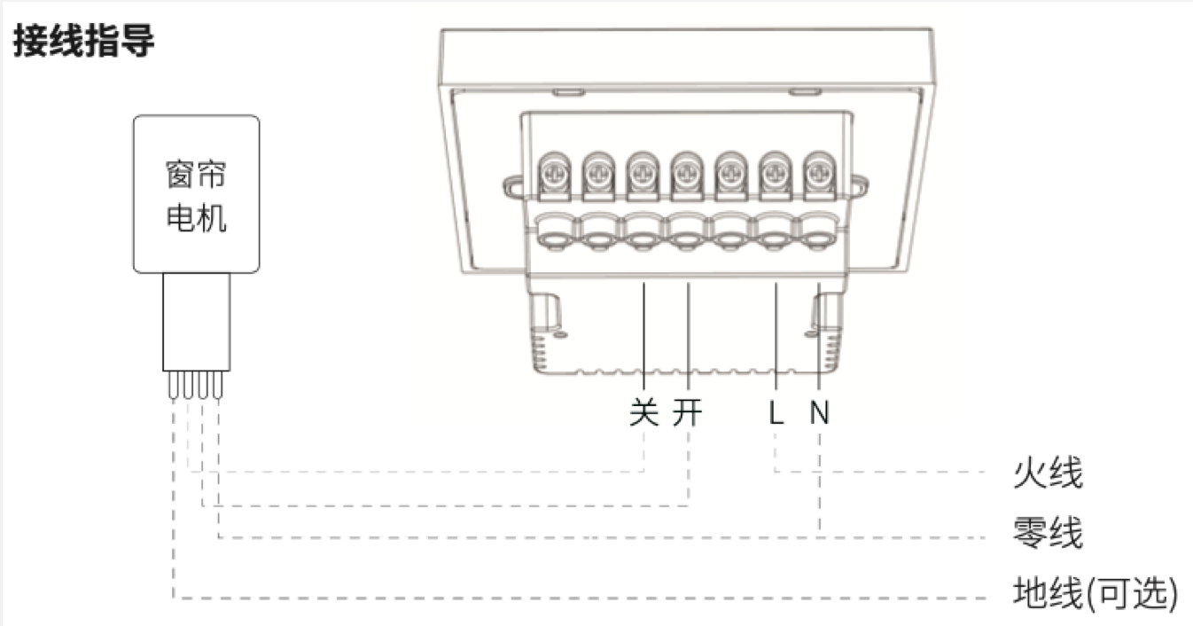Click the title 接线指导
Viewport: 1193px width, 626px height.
(83, 41)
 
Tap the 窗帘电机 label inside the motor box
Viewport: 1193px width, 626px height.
(196, 196)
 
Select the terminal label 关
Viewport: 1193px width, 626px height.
(643, 411)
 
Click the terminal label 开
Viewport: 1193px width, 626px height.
(687, 411)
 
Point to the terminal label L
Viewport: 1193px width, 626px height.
(776, 412)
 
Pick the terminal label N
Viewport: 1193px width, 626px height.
(820, 412)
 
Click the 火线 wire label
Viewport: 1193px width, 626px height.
(1048, 472)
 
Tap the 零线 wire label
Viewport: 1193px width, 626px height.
(1048, 532)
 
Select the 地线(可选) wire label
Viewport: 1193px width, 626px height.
(1095, 592)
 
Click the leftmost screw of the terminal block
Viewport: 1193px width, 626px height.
(555, 174)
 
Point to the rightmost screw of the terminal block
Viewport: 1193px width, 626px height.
(819, 174)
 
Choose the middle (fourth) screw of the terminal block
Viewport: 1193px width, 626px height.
(687, 174)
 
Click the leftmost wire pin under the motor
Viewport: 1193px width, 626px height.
(173, 385)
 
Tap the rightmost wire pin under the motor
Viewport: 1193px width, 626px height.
(217, 385)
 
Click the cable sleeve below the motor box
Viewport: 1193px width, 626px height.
(197, 322)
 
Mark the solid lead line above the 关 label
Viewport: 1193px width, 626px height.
(643, 336)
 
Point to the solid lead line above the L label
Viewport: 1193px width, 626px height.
(776, 336)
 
